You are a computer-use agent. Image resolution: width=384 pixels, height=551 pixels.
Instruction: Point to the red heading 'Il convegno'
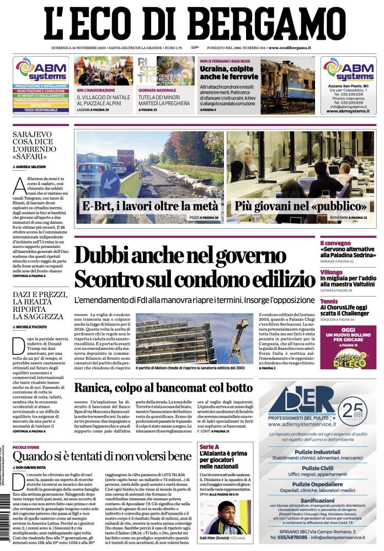335,242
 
